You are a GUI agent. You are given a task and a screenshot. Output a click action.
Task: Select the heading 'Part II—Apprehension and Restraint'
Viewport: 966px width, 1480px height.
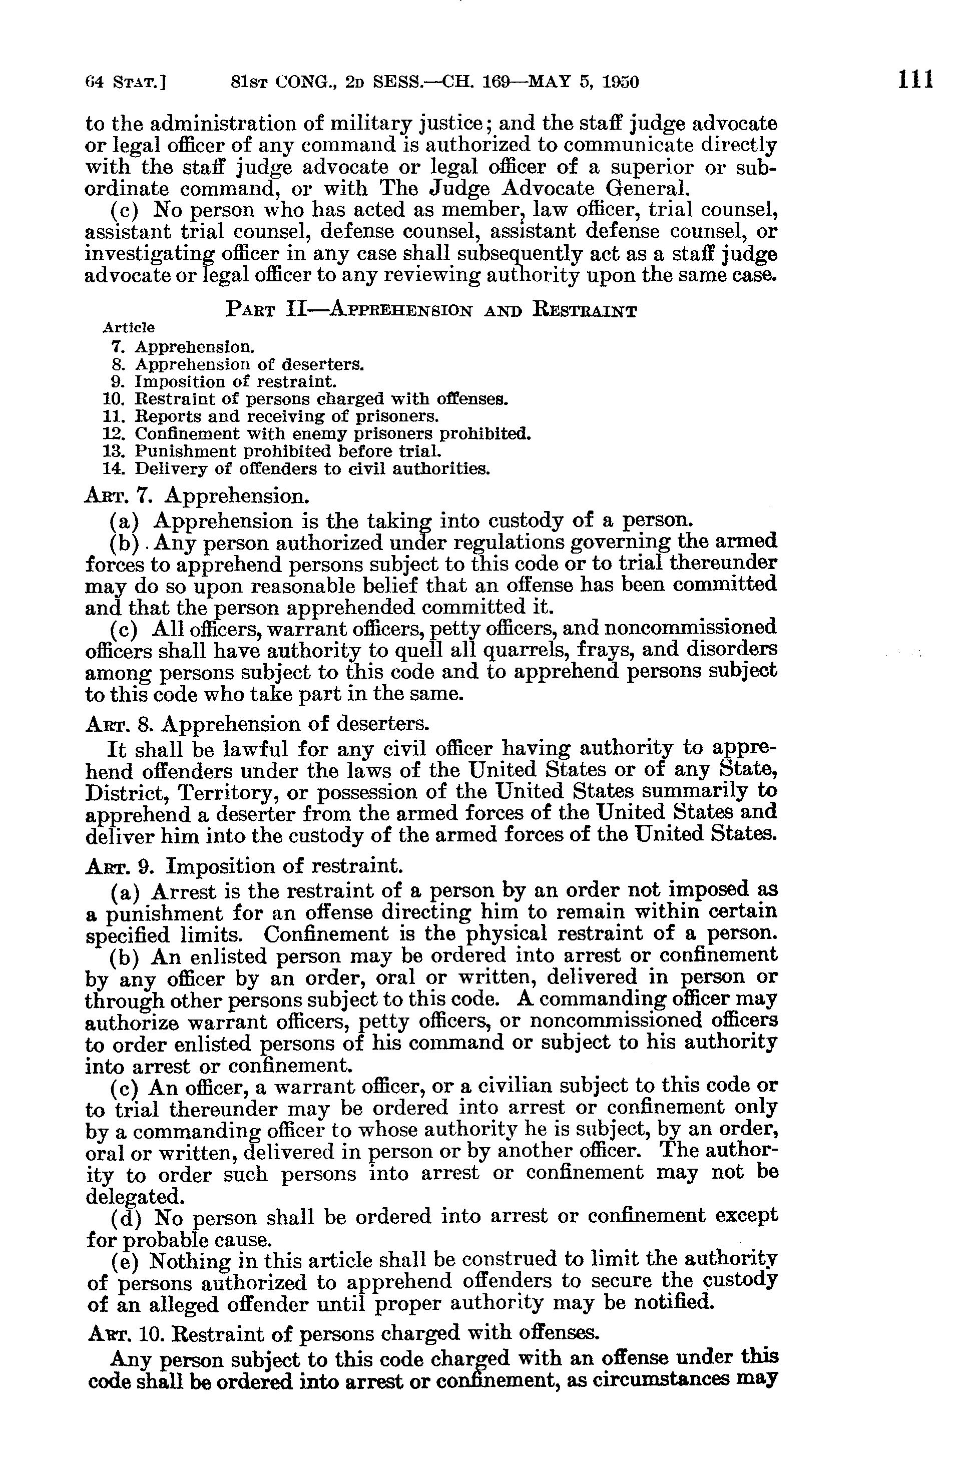[x=431, y=309]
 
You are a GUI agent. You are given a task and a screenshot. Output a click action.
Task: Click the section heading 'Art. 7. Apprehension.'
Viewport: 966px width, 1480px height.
[x=197, y=496]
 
